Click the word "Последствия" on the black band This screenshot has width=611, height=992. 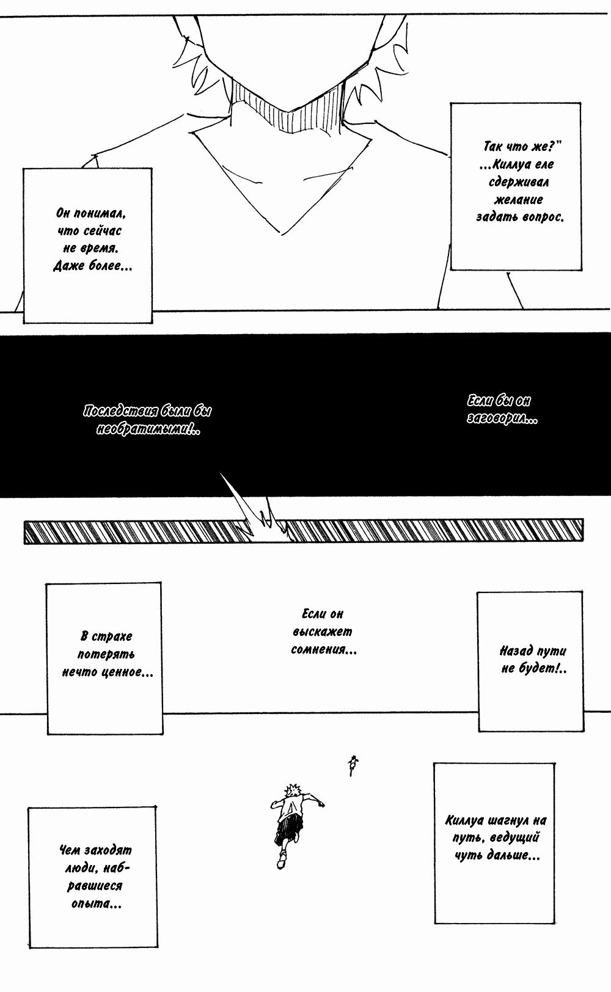pos(117,412)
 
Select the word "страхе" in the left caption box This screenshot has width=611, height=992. pos(114,636)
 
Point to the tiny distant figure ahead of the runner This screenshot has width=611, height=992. pos(353,764)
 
